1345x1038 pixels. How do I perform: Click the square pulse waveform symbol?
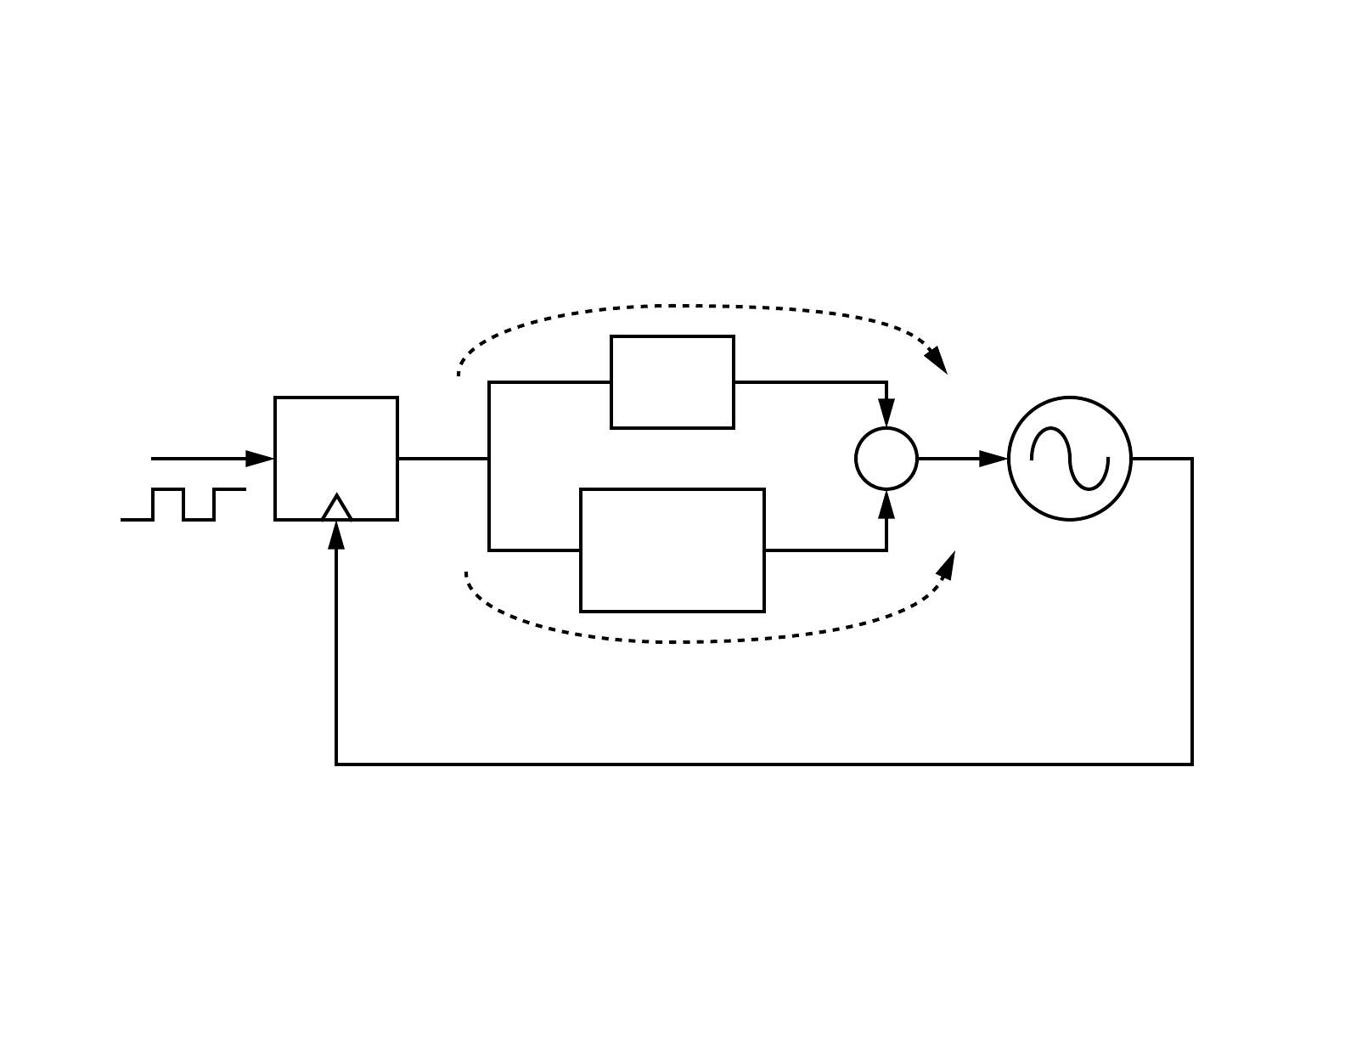183,505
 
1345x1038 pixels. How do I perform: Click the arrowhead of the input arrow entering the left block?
260,459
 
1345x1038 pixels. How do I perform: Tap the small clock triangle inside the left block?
337,509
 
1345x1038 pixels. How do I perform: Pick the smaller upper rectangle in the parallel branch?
672,382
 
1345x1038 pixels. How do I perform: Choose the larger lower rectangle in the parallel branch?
672,550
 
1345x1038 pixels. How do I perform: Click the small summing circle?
886,459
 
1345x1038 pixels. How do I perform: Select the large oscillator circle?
1070,459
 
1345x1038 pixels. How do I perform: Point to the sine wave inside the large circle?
1070,459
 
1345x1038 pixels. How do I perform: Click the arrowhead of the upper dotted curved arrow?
937,360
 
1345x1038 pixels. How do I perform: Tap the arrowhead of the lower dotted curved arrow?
946,566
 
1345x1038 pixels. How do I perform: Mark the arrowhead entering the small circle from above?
886,415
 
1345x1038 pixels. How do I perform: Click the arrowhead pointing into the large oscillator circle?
993,459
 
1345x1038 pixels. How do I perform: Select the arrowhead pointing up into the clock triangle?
337,534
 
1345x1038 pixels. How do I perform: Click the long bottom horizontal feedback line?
764,764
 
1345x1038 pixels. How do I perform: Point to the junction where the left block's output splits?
489,459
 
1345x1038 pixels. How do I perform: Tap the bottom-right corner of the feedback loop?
1192,764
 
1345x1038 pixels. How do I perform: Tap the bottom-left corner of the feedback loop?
337,764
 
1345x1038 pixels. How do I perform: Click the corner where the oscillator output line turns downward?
1192,459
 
